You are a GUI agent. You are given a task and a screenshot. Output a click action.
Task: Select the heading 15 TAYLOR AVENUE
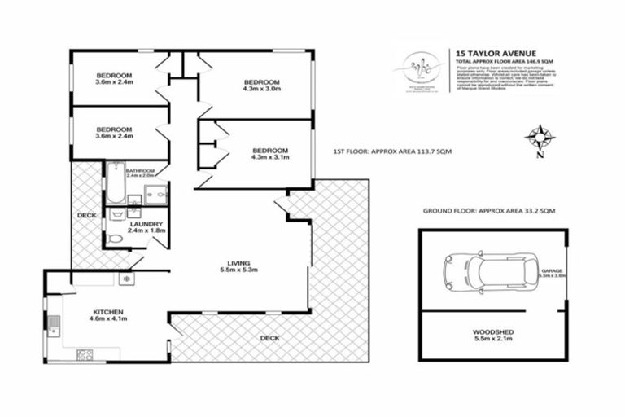[x=486, y=52]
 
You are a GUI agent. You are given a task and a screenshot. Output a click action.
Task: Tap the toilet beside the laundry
[x=116, y=239]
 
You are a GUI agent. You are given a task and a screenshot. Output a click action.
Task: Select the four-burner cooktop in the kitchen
[x=85, y=354]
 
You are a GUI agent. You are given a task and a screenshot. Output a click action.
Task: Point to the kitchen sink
[x=54, y=323]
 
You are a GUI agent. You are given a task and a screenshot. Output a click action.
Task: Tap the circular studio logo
[x=420, y=67]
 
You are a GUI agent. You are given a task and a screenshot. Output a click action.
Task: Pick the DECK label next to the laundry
[x=86, y=215]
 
